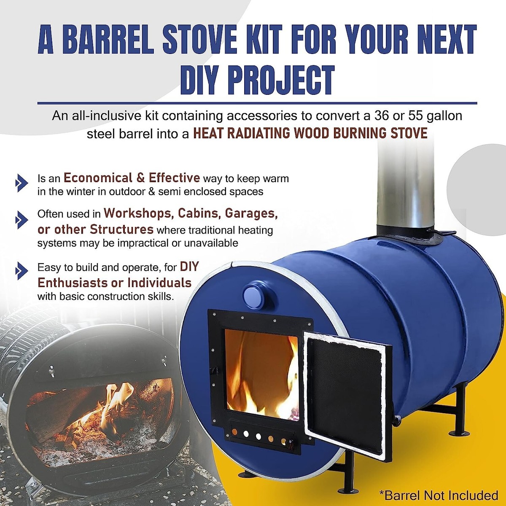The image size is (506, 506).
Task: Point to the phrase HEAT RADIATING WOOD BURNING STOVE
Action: coord(310,133)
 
